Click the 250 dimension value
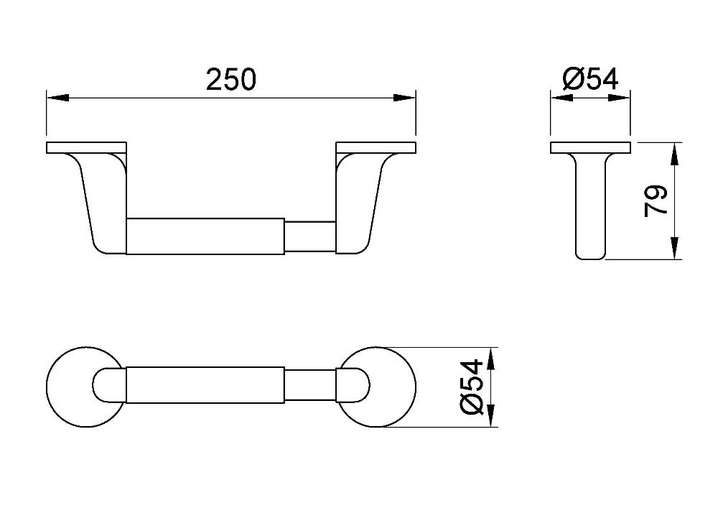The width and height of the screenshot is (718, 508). (x=230, y=79)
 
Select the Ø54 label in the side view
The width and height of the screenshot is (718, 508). (x=590, y=79)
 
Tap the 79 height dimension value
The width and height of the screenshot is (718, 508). (x=656, y=201)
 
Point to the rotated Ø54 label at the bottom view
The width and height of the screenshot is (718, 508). (x=472, y=387)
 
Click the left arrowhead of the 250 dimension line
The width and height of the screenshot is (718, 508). (x=57, y=98)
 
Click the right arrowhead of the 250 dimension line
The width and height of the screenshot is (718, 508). (x=405, y=98)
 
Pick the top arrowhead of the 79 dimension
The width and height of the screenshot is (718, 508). (x=674, y=154)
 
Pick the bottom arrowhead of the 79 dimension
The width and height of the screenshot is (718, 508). (x=674, y=249)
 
